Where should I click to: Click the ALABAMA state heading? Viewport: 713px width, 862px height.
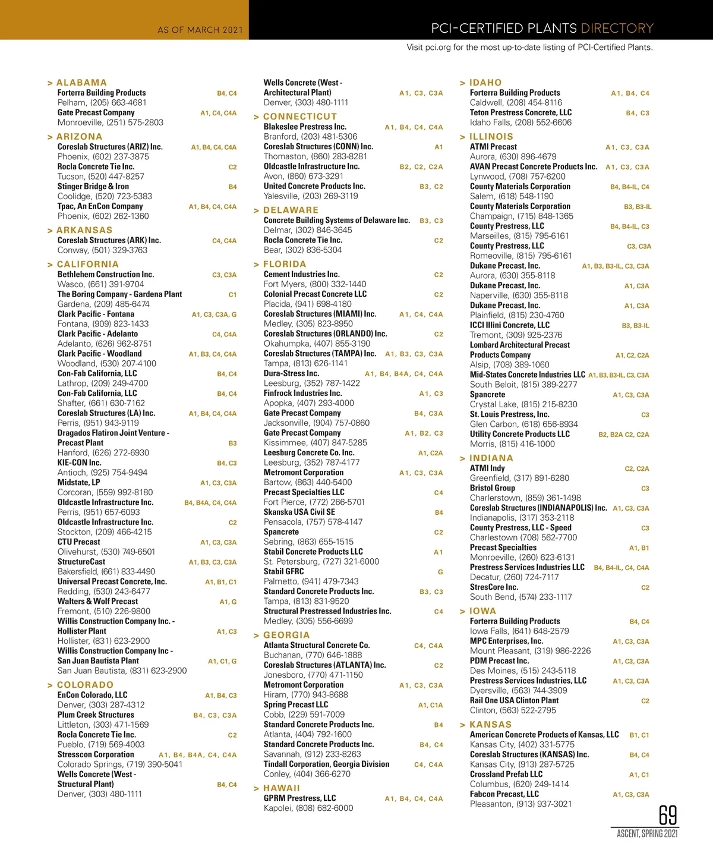pyautogui.click(x=81, y=83)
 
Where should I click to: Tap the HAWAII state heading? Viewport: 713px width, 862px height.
pyautogui.click(x=282, y=788)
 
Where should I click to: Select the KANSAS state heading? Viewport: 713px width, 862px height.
pyautogui.click(x=490, y=725)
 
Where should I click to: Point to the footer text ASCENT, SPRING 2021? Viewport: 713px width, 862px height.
pyautogui.click(x=647, y=834)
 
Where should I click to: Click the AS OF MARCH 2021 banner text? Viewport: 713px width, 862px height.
pyautogui.click(x=197, y=29)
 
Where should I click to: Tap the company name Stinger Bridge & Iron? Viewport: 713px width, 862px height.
pyautogui.click(x=93, y=186)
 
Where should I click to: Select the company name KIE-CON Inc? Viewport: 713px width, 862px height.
pyautogui.click(x=79, y=463)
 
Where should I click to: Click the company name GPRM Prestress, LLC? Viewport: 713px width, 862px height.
pyautogui.click(x=299, y=798)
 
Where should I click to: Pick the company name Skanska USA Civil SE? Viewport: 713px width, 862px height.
pyautogui.click(x=299, y=512)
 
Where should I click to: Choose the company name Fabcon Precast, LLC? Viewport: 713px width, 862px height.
pyautogui.click(x=504, y=794)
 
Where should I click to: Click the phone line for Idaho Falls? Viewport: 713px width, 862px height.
pyautogui.click(x=520, y=122)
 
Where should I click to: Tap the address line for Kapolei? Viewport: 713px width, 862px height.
pyautogui.click(x=308, y=808)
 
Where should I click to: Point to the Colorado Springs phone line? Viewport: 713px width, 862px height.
pyautogui.click(x=119, y=764)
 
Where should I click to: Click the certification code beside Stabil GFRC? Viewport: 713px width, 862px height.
pyautogui.click(x=440, y=572)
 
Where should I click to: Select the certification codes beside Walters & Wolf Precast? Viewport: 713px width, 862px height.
pyautogui.click(x=228, y=602)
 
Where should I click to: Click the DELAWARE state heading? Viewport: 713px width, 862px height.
pyautogui.click(x=291, y=210)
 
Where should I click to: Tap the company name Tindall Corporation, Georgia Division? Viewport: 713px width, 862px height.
pyautogui.click(x=326, y=764)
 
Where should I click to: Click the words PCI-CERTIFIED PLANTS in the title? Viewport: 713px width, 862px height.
pyautogui.click(x=503, y=28)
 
